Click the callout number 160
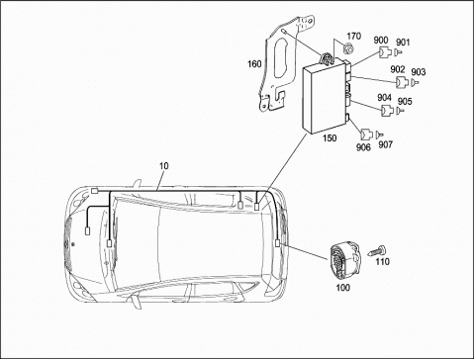pyautogui.click(x=254, y=63)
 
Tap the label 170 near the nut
pyautogui.click(x=353, y=36)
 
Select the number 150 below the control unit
pyautogui.click(x=330, y=137)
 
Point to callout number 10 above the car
pyautogui.click(x=163, y=166)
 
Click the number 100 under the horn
pyautogui.click(x=342, y=288)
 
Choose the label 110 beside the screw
pyautogui.click(x=383, y=261)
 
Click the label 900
pyautogui.click(x=381, y=41)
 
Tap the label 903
pyautogui.click(x=419, y=71)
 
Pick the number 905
pyautogui.click(x=405, y=101)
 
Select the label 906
pyautogui.click(x=363, y=147)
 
